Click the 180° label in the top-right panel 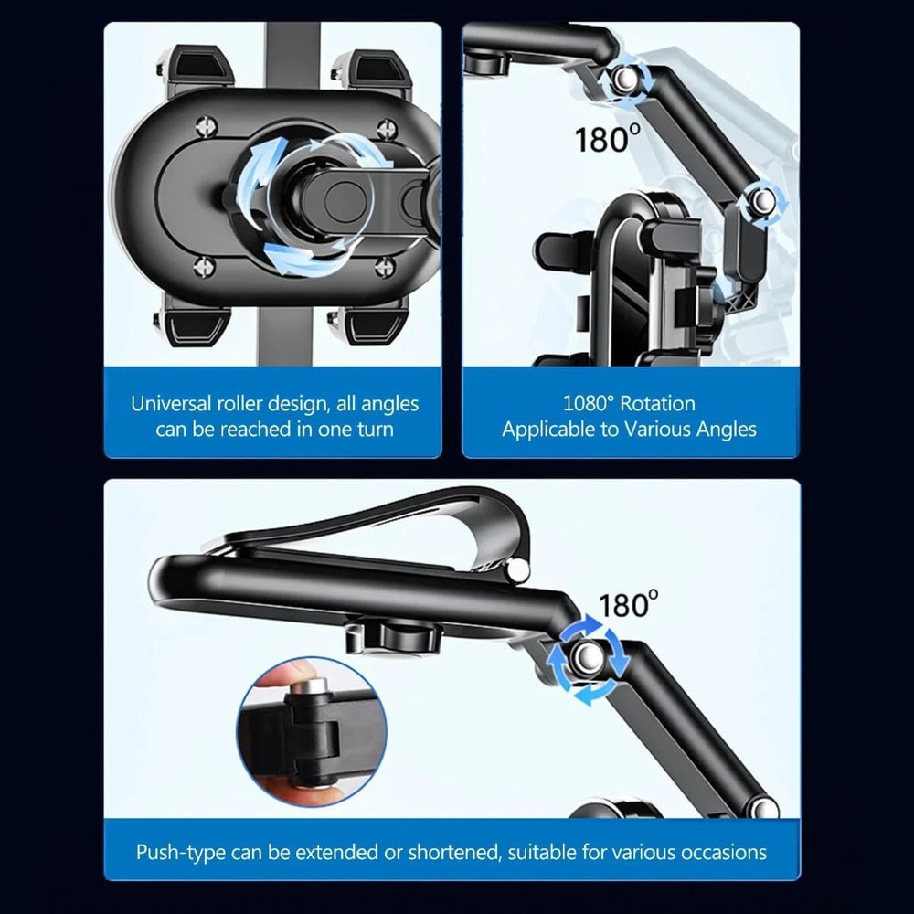pos(607,139)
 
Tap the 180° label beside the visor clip pos(628,604)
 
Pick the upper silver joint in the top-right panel pos(624,80)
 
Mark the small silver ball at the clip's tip pos(518,570)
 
